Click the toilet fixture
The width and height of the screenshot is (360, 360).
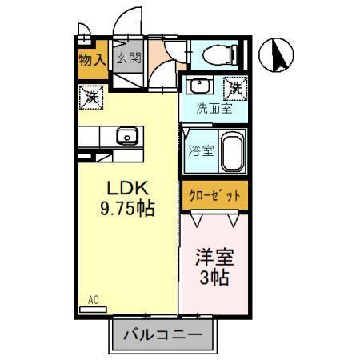[x=215, y=54]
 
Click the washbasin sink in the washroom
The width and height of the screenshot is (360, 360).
[x=200, y=86]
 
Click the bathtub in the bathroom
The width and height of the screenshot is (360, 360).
[x=232, y=151]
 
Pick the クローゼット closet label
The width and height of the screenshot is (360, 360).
[x=214, y=195]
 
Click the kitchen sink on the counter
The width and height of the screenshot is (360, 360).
[x=128, y=136]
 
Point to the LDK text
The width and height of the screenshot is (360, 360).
[x=126, y=190]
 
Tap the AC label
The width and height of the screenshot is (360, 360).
[x=93, y=300]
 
